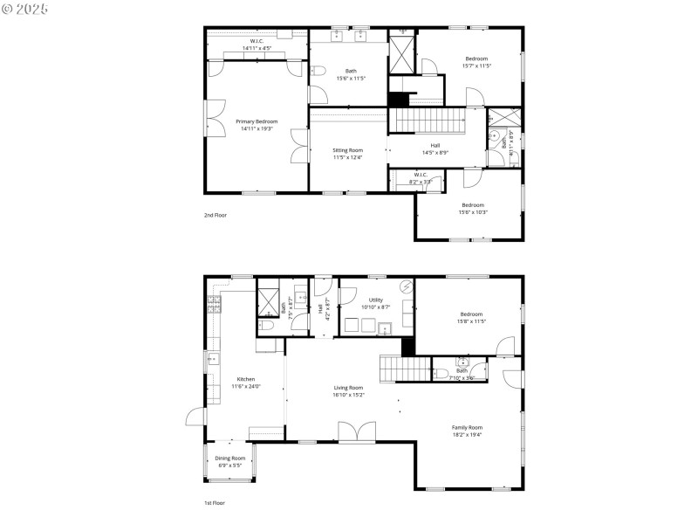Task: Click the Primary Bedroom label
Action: pos(257,121)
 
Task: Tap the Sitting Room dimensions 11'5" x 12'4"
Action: pos(347,158)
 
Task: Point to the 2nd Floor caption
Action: pos(215,214)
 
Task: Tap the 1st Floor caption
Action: pos(215,504)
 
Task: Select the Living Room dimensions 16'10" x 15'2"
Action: pos(347,395)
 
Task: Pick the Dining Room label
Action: pos(230,458)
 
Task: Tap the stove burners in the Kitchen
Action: pos(213,304)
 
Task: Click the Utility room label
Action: pos(376,300)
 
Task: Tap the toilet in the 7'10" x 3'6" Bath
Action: pos(441,374)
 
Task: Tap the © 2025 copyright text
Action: pos(25,8)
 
